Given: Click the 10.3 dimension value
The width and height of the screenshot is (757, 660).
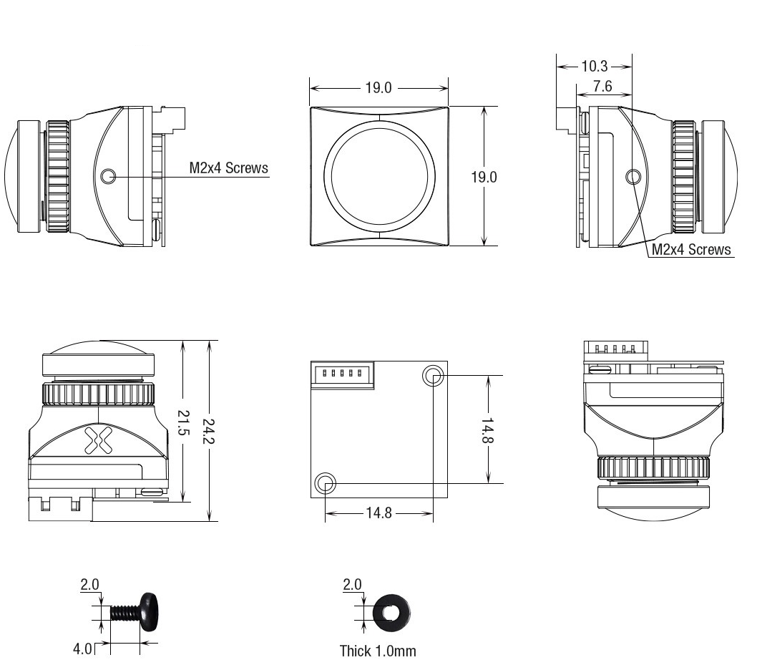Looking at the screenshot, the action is (595, 66).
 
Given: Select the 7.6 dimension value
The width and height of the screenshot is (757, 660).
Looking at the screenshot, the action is (602, 86).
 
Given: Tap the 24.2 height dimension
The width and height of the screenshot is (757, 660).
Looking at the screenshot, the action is (208, 431).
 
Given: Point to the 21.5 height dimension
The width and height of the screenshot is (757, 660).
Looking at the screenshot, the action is (183, 423).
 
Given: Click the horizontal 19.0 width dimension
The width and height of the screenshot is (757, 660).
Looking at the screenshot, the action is (378, 88).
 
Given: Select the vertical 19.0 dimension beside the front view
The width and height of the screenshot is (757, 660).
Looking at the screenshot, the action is (484, 177).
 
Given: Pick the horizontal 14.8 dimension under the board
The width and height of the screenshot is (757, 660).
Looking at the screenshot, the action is (378, 513).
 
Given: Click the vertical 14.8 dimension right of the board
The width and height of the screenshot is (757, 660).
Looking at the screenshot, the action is (487, 430).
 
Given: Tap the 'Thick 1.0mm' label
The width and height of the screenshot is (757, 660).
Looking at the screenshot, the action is (378, 651).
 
